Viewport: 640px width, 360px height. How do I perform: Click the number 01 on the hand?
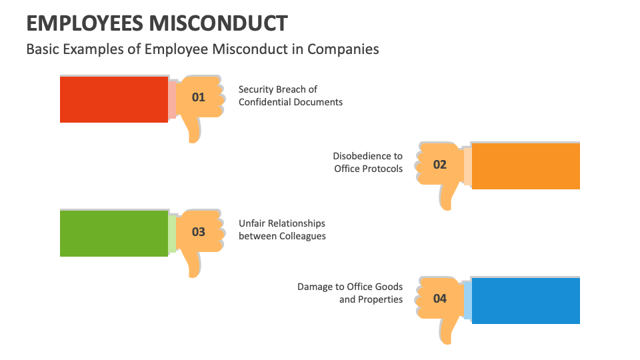point(199,97)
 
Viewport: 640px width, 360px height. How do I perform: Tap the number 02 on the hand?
point(440,164)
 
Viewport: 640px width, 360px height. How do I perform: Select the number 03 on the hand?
point(199,232)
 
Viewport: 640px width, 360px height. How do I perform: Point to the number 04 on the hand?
point(440,299)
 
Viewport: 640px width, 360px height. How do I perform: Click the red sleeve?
point(113,99)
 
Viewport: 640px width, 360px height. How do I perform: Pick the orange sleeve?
point(525,166)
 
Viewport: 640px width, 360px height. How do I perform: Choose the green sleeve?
point(113,233)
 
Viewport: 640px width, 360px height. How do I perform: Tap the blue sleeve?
point(525,301)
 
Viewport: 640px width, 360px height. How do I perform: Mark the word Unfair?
point(253,223)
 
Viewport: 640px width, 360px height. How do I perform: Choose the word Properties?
point(381,299)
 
